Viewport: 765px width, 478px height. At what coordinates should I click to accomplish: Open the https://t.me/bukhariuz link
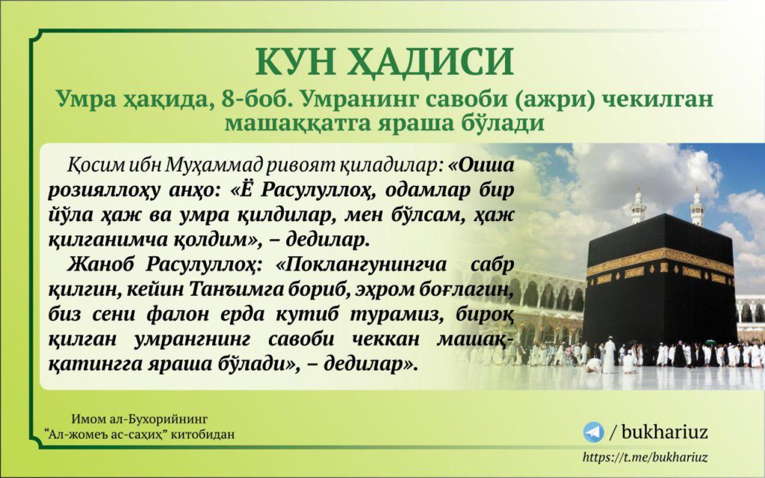point(645,458)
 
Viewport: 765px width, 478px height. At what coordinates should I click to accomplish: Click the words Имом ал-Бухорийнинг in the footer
point(140,419)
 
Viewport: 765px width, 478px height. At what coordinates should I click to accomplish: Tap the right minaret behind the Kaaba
point(697,207)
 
